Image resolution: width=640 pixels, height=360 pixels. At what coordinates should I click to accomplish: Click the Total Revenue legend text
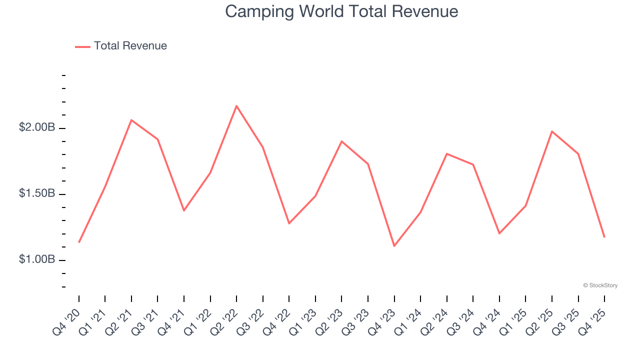coord(130,46)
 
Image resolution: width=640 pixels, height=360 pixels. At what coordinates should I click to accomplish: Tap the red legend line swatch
coord(82,46)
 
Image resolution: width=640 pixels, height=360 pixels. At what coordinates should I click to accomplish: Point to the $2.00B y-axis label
coord(37,127)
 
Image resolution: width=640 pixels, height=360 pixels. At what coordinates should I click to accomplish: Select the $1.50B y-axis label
coord(37,193)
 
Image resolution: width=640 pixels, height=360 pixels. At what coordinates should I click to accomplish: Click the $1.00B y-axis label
coord(37,259)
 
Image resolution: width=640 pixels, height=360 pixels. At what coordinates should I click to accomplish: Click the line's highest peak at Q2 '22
coord(236,105)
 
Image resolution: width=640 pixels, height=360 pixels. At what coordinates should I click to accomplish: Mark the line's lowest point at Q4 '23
coord(394,246)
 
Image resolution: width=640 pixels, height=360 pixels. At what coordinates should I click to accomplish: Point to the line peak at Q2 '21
coord(131,120)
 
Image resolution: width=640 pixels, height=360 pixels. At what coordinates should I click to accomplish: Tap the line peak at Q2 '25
coord(552,131)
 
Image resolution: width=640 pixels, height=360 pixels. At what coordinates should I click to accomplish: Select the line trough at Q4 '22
coord(289,223)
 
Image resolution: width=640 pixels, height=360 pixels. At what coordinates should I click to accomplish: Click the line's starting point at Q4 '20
coord(79,242)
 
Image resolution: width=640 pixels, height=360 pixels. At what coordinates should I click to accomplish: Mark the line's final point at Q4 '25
coord(604,237)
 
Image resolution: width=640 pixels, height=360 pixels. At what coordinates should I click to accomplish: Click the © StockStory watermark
coord(600,285)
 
